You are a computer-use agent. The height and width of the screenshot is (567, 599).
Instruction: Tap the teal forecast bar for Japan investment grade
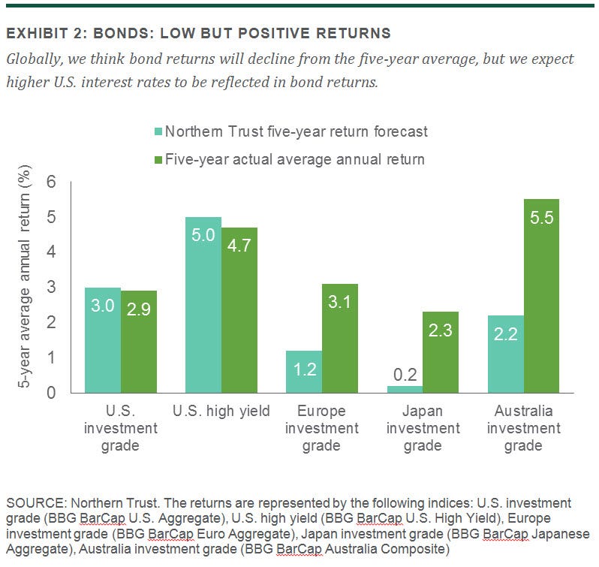(x=404, y=389)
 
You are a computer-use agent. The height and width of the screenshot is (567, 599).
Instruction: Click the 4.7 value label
(x=239, y=249)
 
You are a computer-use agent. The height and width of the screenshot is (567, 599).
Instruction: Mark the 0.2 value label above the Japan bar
(x=404, y=373)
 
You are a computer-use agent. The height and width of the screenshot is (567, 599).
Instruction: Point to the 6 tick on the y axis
(x=52, y=182)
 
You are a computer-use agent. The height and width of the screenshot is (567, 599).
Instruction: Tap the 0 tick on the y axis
(x=52, y=393)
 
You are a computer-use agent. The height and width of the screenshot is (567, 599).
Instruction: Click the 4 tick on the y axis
(x=52, y=252)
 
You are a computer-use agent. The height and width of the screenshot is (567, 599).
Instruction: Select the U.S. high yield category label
(x=221, y=411)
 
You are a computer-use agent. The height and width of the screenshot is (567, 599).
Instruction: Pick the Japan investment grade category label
(x=423, y=428)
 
